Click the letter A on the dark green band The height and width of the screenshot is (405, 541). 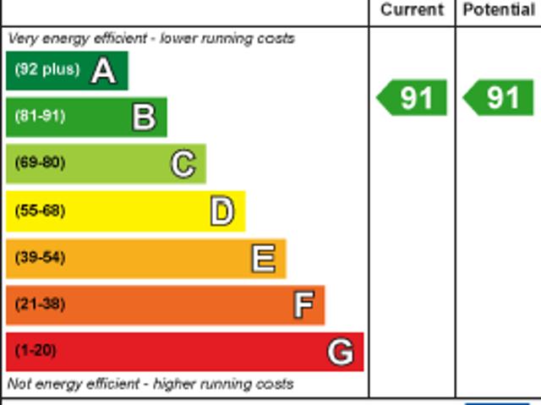(103, 71)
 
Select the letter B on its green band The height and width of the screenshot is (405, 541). (144, 118)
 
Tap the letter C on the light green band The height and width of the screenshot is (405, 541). (183, 164)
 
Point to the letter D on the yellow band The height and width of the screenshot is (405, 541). (221, 211)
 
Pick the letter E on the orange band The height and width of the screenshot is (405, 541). (264, 259)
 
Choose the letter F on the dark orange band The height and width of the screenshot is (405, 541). (303, 304)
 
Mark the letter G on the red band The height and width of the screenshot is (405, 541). (340, 352)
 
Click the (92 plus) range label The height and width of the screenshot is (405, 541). (47, 70)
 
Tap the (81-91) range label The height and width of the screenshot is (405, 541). (40, 117)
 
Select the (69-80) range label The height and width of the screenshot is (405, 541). (40, 163)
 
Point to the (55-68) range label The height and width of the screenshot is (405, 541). (40, 211)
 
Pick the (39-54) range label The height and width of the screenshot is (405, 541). (40, 258)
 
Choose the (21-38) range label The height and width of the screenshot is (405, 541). (40, 304)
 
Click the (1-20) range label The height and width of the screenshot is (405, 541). (36, 351)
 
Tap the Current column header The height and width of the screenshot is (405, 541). (412, 10)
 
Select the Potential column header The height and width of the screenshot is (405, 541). (499, 10)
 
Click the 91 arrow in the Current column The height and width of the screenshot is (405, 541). (413, 98)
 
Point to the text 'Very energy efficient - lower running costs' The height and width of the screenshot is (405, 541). (151, 39)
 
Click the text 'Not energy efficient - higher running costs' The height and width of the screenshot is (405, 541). (150, 384)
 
